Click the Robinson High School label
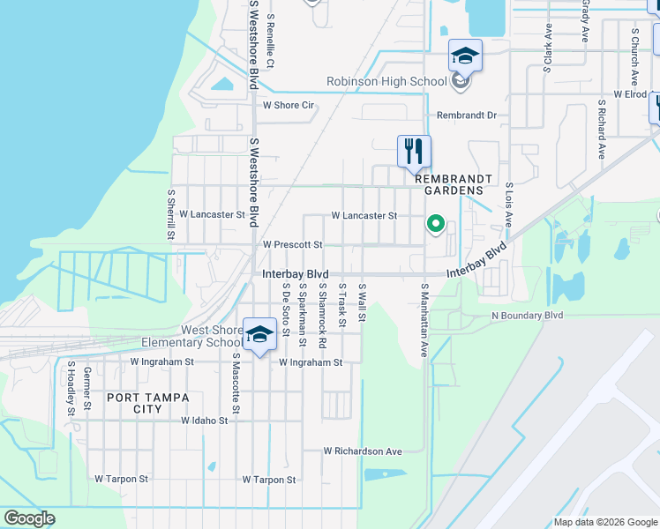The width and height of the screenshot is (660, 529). [386, 82]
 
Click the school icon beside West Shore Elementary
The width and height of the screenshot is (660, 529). [259, 335]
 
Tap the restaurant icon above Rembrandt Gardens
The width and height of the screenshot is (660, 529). [414, 153]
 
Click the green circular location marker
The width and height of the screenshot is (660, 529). [435, 224]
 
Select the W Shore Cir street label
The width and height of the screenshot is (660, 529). [289, 105]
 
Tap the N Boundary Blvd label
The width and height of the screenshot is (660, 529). [527, 315]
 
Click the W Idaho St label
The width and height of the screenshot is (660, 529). [205, 421]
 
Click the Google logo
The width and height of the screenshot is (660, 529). [29, 518]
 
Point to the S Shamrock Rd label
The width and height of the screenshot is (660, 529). [323, 303]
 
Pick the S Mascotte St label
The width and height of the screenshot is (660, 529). [236, 384]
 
